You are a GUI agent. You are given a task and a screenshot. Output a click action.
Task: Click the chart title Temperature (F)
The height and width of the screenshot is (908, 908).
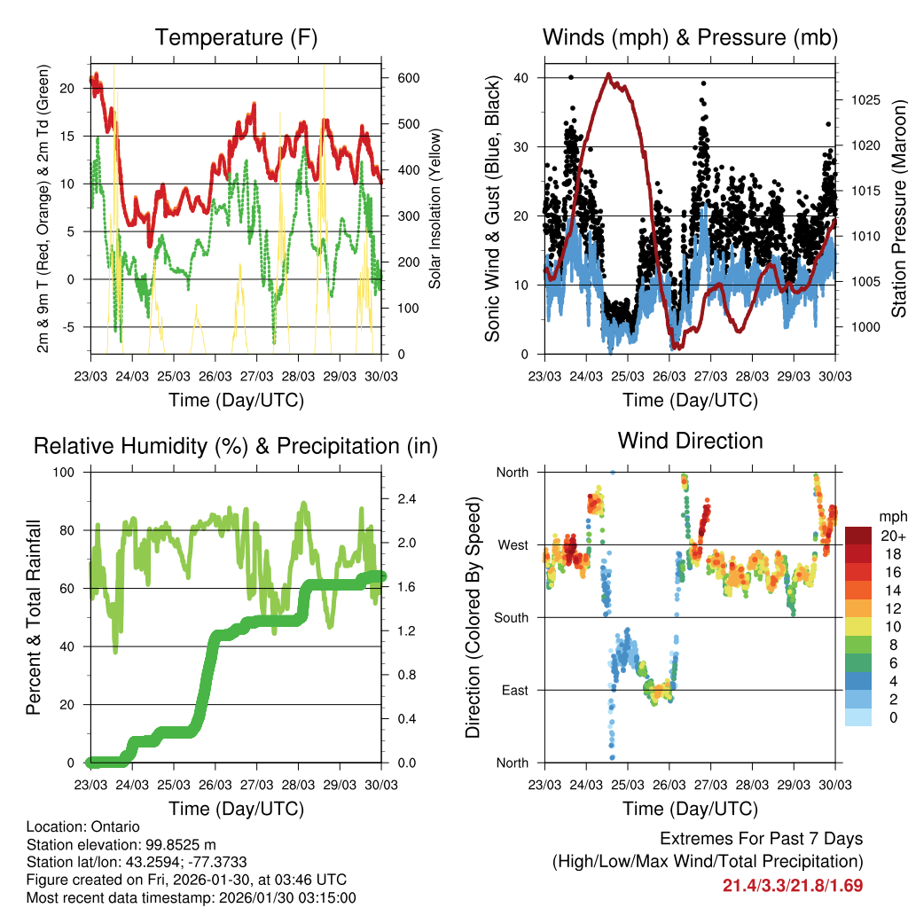(236, 37)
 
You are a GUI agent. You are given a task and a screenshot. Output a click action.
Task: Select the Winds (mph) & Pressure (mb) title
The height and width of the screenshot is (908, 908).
(690, 37)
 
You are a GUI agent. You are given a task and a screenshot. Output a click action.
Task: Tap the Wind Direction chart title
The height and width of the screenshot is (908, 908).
(690, 440)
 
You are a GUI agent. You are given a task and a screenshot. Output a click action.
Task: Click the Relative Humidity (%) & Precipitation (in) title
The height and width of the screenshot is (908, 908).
(236, 446)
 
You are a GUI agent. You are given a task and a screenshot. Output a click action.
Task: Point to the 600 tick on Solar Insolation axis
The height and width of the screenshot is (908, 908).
(408, 78)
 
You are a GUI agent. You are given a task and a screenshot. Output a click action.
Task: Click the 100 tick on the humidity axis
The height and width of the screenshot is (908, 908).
(67, 472)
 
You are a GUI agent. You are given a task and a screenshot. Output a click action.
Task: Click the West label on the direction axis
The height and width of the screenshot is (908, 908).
(512, 544)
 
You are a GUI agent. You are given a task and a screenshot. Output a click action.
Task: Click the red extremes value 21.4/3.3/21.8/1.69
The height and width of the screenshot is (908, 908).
(793, 885)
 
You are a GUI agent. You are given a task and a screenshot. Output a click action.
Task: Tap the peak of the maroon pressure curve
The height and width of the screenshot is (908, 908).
(608, 74)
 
